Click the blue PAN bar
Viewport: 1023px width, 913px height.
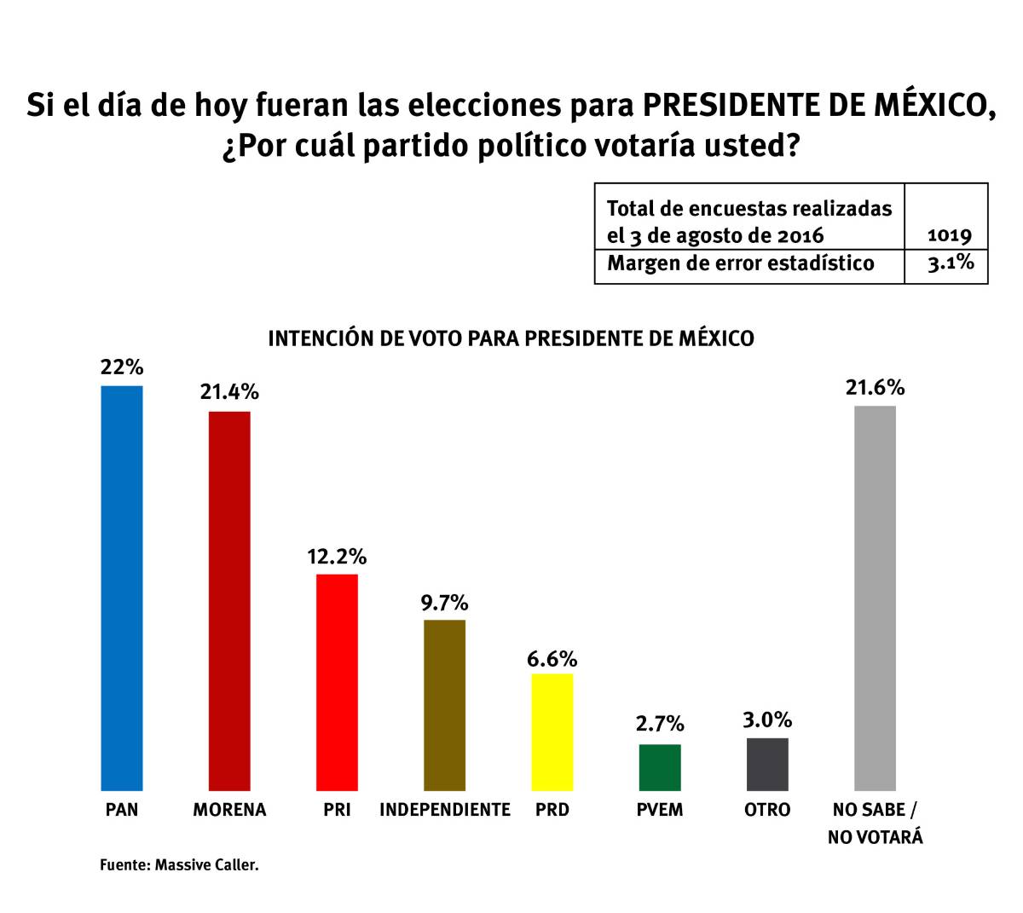122,588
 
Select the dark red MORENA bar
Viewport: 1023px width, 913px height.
229,601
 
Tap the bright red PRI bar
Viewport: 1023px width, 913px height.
337,682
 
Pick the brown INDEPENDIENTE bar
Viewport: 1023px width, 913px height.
445,705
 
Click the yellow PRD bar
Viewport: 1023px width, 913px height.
552,732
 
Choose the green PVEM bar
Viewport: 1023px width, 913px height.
660,767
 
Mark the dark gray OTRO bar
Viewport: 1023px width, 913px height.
767,764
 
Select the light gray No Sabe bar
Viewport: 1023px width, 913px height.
875,598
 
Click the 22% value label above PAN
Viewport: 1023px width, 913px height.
122,367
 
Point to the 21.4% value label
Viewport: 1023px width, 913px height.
229,392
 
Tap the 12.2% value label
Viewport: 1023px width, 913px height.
337,557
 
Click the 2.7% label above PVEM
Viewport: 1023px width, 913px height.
660,724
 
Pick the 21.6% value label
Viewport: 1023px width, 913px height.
875,388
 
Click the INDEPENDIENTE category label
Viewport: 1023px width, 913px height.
445,810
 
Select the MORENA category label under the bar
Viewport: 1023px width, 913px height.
229,810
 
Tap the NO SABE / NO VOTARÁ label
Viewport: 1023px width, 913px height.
875,823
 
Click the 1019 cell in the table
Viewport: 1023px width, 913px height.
949,235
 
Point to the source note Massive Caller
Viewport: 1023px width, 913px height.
179,864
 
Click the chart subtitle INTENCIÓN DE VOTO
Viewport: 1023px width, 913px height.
511,338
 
